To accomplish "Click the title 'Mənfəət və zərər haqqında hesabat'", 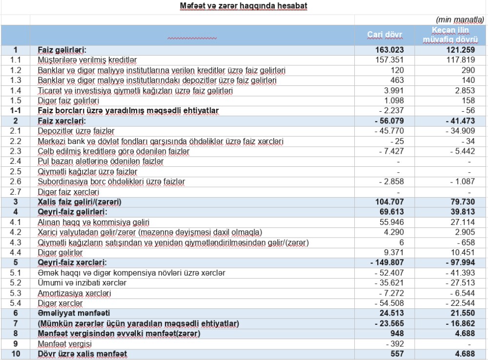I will tap(243, 6).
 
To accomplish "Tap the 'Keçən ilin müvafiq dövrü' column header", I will tap(450, 35).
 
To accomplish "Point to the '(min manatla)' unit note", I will tap(459, 20).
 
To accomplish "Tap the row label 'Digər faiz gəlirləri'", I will tap(69, 100).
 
